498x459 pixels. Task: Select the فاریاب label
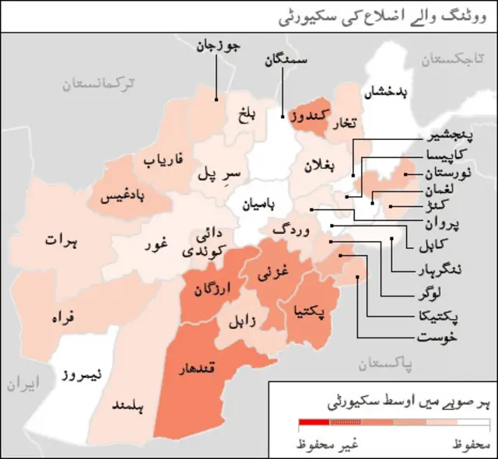(x=163, y=162)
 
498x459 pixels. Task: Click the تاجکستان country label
(x=454, y=59)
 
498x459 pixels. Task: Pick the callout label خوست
(x=437, y=338)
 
